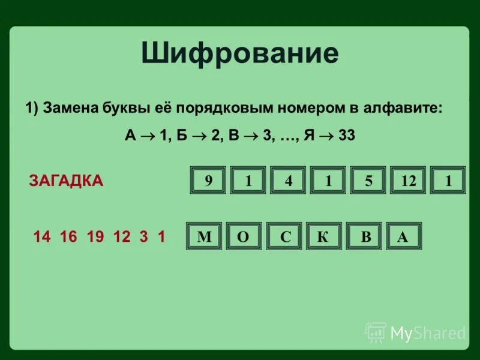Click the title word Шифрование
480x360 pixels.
pos(240,54)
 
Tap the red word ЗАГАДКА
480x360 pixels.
pos(66,181)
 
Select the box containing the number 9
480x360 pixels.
pos(208,181)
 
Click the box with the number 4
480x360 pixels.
pos(289,181)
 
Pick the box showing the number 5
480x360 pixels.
pos(368,181)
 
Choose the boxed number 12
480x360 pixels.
pos(408,181)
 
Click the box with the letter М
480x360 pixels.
pos(205,236)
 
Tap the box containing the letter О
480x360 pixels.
pos(244,236)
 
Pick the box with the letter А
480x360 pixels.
pos(403,236)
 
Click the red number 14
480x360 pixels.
pos(42,236)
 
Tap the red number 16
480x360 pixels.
pos(68,236)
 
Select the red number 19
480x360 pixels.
pos(95,236)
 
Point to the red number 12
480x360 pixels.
pos(121,236)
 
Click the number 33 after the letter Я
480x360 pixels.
pos(346,135)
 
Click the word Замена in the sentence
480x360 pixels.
pos(71,108)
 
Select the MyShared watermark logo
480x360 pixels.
pos(415,332)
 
